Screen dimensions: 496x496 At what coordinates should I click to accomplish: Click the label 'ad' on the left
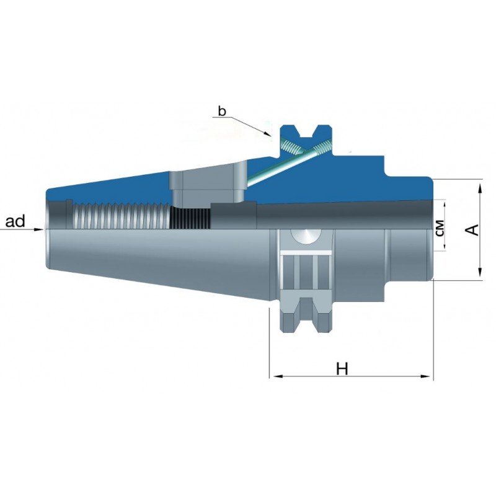coord(15,221)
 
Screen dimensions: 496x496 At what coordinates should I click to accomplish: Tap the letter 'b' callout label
coord(223,111)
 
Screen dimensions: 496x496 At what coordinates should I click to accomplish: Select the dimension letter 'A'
coord(472,229)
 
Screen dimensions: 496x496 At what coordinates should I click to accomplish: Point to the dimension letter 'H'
coord(342,369)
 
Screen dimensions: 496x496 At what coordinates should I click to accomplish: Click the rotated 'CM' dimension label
coord(440,228)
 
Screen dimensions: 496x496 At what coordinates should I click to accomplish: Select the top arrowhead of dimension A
coord(480,188)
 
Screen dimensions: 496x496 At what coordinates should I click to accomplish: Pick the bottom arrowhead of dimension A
coord(480,272)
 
